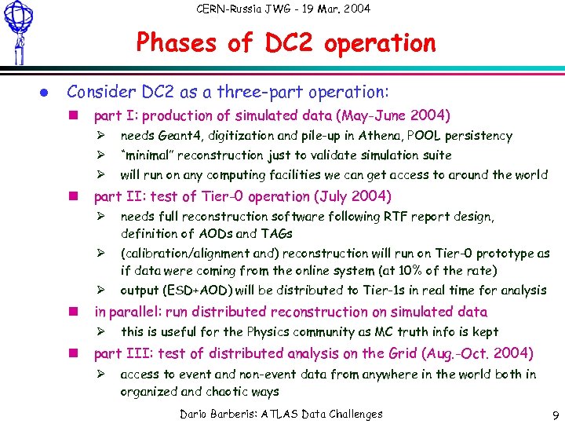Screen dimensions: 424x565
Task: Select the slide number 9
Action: click(x=553, y=414)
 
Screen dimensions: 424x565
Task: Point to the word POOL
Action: click(x=418, y=136)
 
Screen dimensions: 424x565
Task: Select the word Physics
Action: click(x=250, y=332)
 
